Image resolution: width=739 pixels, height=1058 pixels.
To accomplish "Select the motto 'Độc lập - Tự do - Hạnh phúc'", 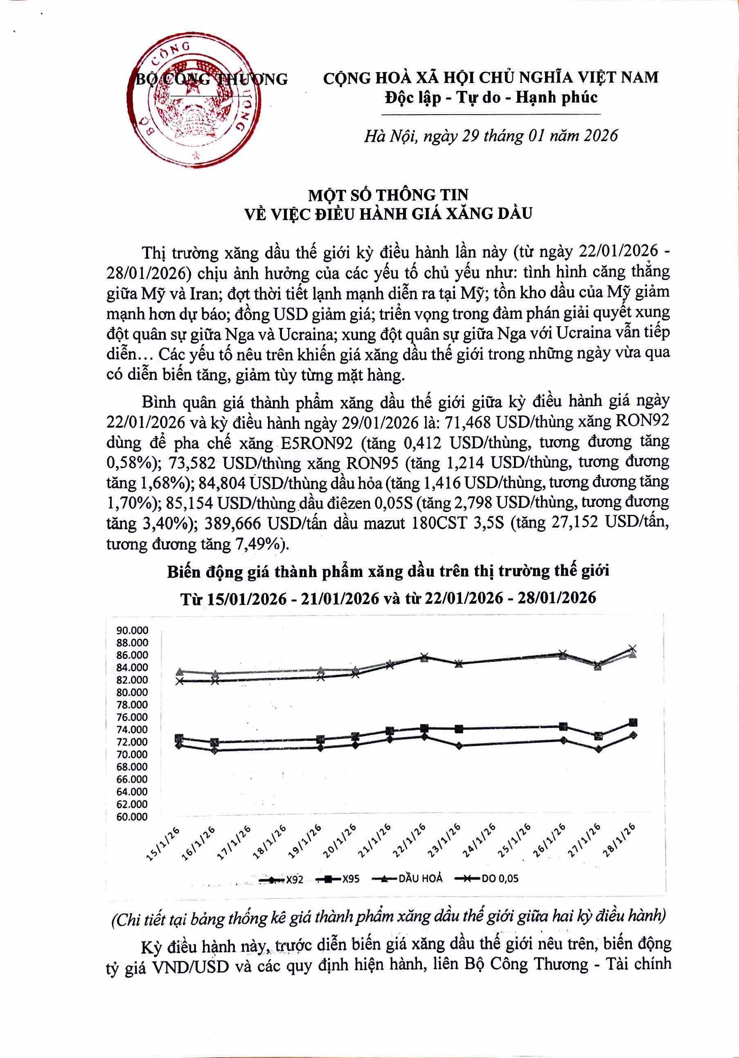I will click(491, 97).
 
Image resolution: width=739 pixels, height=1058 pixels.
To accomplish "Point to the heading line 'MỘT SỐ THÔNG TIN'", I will click(388, 195).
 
